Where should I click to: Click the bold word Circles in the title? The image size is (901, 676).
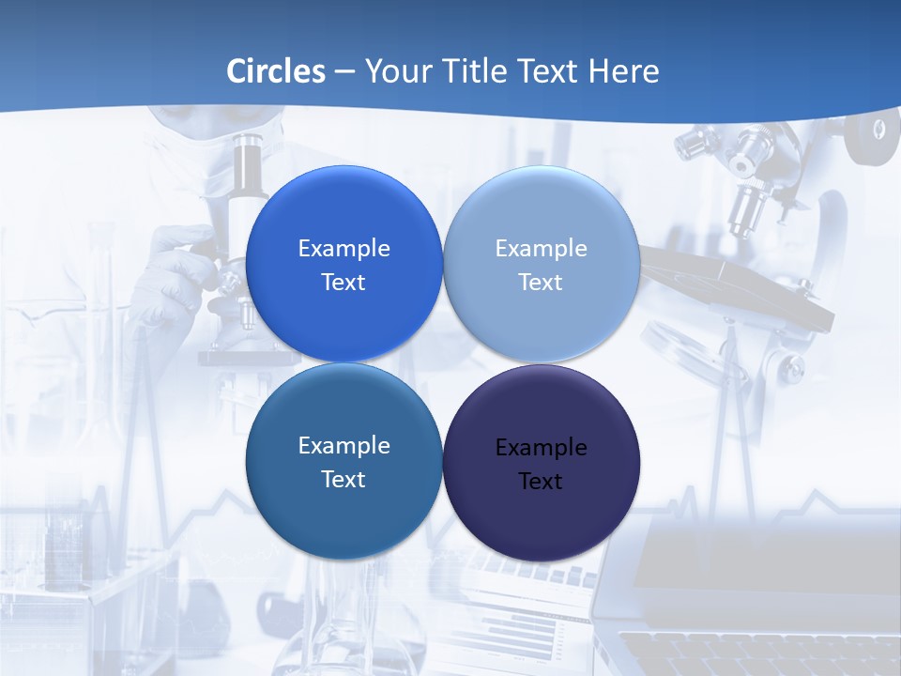(x=276, y=71)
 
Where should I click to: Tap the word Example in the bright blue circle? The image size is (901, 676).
(x=344, y=249)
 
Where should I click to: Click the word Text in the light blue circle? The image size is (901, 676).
(x=541, y=283)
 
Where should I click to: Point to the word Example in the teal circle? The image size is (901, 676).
(x=344, y=446)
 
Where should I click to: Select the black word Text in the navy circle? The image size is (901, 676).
(x=541, y=482)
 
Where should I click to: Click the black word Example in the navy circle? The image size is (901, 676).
(x=541, y=448)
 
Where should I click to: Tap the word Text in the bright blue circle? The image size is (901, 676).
(x=344, y=283)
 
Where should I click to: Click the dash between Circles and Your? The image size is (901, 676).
(x=344, y=72)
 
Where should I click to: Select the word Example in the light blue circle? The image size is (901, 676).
(x=541, y=249)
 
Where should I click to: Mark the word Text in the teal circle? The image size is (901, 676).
(x=344, y=480)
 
